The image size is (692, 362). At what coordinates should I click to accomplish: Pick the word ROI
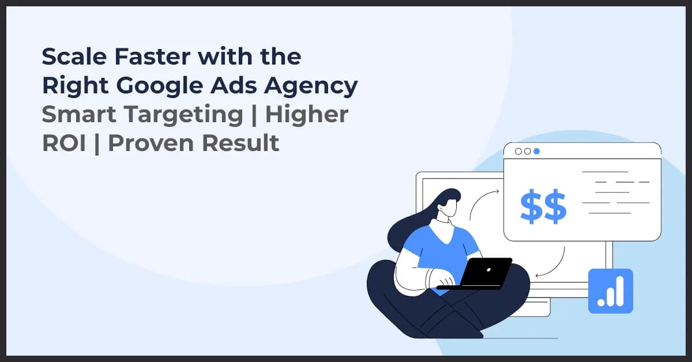[x=63, y=144]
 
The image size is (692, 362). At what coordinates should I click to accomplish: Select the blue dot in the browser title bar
[x=536, y=151]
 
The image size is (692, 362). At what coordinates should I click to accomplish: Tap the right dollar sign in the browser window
[x=555, y=208]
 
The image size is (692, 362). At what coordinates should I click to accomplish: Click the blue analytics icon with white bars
[x=610, y=291]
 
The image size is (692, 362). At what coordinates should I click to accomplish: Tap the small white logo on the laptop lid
[x=488, y=269]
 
